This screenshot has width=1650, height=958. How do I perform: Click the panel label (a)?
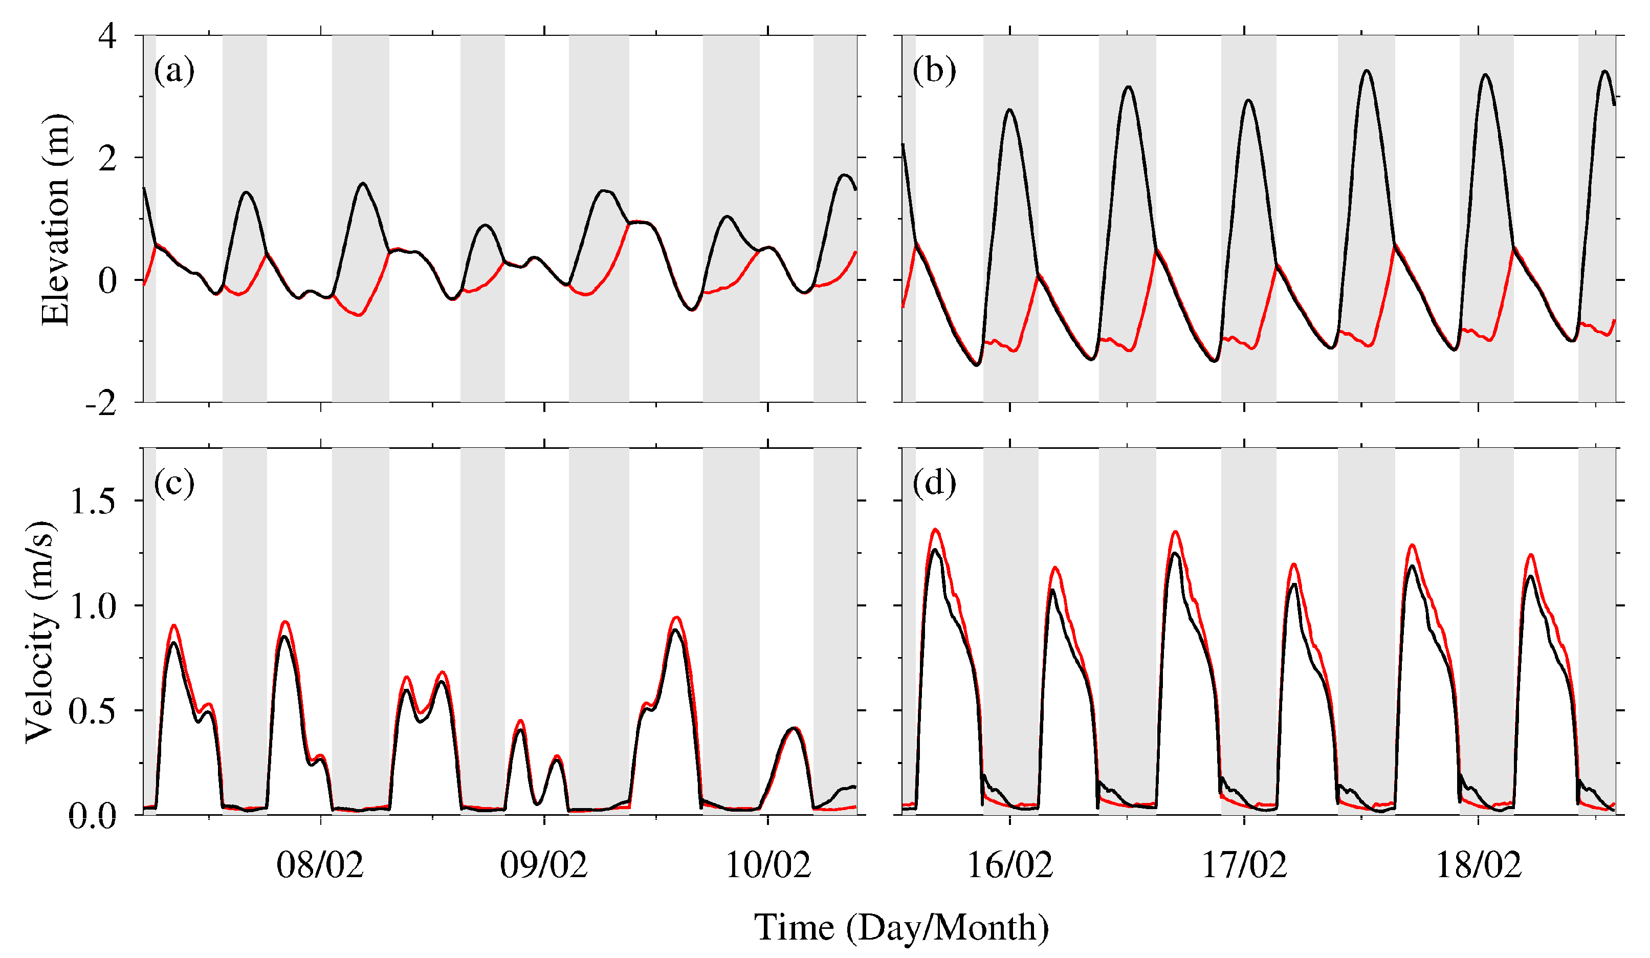click(x=174, y=70)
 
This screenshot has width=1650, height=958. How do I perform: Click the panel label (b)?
click(x=934, y=70)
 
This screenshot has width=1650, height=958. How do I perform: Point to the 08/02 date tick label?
click(x=320, y=865)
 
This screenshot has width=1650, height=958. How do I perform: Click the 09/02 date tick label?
click(x=543, y=865)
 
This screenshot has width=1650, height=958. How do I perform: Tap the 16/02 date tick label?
click(x=1009, y=865)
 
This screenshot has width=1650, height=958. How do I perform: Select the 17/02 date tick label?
click(x=1244, y=865)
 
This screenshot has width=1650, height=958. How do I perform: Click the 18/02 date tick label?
click(x=1479, y=865)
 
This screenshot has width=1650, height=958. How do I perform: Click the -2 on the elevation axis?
click(x=101, y=403)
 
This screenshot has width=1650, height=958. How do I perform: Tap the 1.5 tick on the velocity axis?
click(x=92, y=501)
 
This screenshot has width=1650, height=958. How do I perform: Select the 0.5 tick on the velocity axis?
click(x=92, y=710)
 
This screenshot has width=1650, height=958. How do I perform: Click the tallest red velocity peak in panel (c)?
click(x=676, y=618)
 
